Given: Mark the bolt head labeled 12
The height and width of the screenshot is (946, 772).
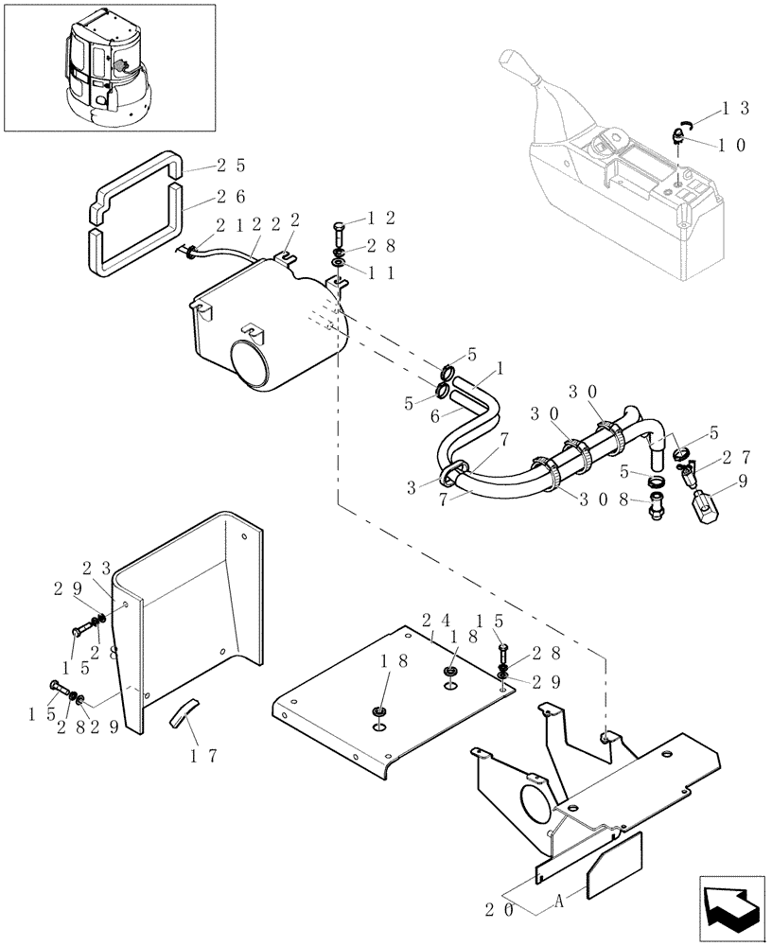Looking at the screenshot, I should (x=341, y=227).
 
